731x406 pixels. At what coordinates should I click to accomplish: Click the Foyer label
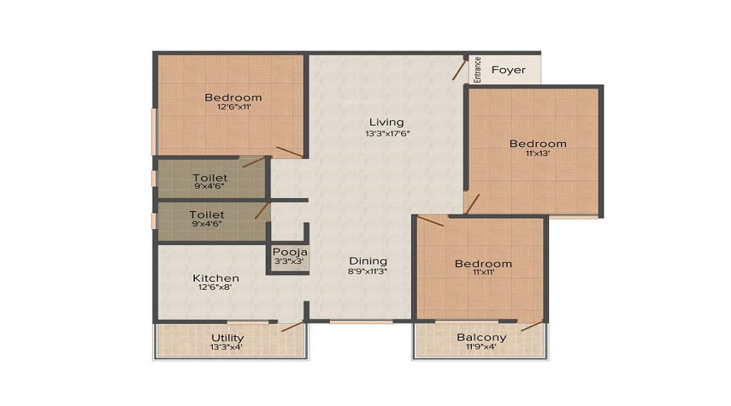pos(508,70)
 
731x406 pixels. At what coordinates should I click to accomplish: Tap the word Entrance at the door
pos(478,70)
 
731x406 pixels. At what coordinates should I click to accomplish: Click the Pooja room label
pos(288,252)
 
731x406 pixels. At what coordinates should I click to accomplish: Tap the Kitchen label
pos(216,279)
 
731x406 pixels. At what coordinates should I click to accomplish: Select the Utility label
pos(227,337)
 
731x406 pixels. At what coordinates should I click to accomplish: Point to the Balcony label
pos(482,337)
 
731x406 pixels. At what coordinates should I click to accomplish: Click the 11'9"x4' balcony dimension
pos(482,348)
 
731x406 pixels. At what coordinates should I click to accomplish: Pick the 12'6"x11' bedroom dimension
pos(233,107)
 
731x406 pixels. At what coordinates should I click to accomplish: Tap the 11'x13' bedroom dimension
pos(538,154)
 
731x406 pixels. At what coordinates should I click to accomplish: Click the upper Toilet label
pos(210,177)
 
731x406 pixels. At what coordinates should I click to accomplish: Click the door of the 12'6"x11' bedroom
pos(289,152)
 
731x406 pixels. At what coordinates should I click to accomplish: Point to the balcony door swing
pos(532,326)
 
